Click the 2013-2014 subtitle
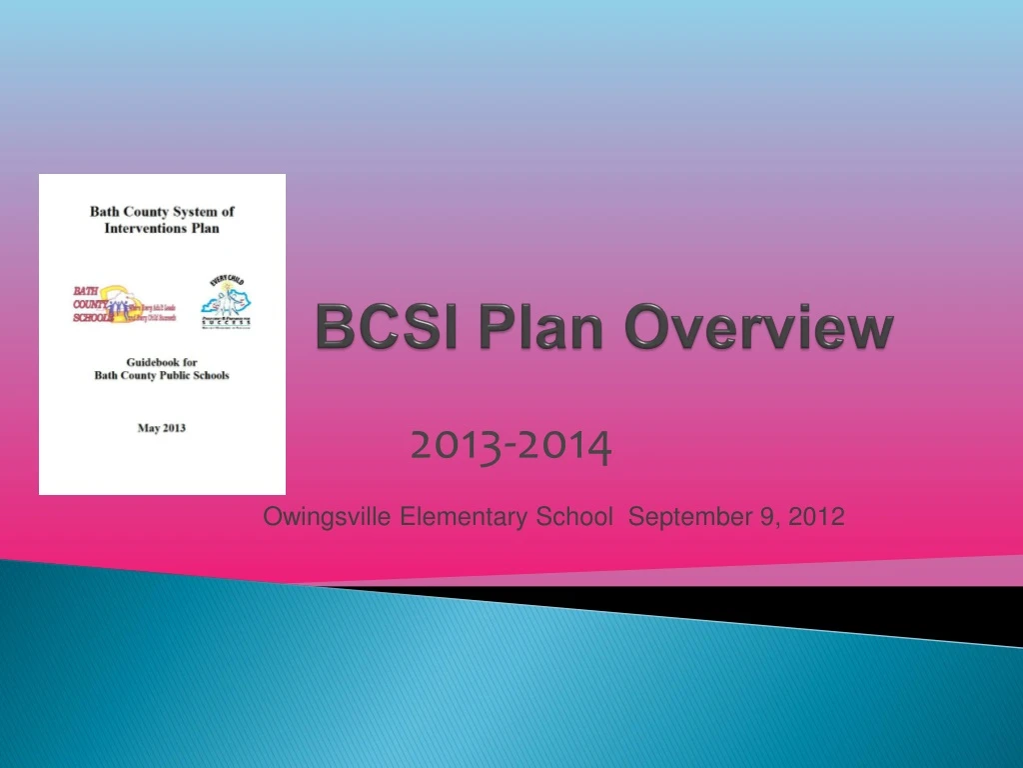(x=511, y=447)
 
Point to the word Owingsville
(x=328, y=517)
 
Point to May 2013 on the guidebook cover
(x=161, y=428)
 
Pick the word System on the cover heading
(x=196, y=211)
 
